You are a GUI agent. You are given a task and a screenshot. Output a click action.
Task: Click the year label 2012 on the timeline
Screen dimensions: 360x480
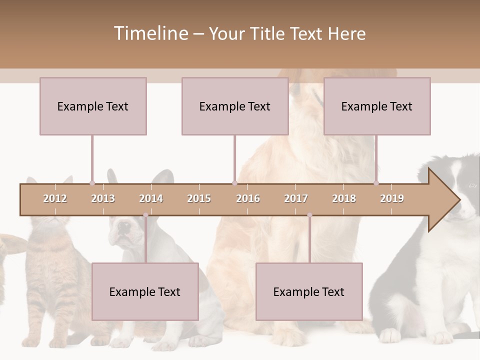55,198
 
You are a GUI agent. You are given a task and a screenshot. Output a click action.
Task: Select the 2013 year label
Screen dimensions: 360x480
103,198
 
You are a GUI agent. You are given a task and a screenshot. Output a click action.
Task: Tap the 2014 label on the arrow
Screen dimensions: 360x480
151,198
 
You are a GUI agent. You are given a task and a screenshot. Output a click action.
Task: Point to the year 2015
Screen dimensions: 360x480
199,198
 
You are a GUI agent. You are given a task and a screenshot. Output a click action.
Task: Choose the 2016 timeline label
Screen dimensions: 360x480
248,198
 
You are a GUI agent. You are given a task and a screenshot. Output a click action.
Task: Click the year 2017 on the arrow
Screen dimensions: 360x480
296,198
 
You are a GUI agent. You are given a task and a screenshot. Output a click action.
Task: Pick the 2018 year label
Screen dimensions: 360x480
344,198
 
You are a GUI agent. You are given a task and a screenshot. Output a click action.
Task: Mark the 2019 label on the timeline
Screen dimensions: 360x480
392,198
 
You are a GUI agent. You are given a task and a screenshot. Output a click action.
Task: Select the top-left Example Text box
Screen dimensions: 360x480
93,106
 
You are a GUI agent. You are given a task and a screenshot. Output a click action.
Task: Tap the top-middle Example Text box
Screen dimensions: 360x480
235,106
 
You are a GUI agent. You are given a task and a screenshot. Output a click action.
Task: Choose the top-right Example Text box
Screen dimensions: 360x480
377,106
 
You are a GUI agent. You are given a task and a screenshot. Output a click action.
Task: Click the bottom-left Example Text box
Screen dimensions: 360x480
145,291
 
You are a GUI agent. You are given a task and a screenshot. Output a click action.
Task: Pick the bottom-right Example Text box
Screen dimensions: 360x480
309,291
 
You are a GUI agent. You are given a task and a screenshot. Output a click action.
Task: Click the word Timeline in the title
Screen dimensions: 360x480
150,33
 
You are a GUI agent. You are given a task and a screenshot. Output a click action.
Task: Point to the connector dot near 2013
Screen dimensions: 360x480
92,183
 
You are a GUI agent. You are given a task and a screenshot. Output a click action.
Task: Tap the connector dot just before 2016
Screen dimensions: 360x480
234,183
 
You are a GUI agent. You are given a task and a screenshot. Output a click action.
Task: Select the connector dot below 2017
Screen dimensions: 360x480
309,215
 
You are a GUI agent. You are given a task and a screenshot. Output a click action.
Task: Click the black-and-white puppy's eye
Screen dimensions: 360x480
472,185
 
